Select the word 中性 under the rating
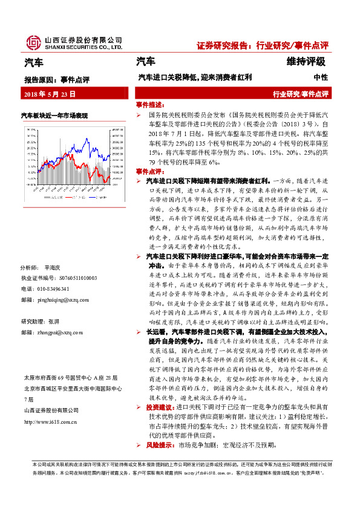(x=320, y=77)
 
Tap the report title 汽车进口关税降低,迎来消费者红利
(x=194, y=77)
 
